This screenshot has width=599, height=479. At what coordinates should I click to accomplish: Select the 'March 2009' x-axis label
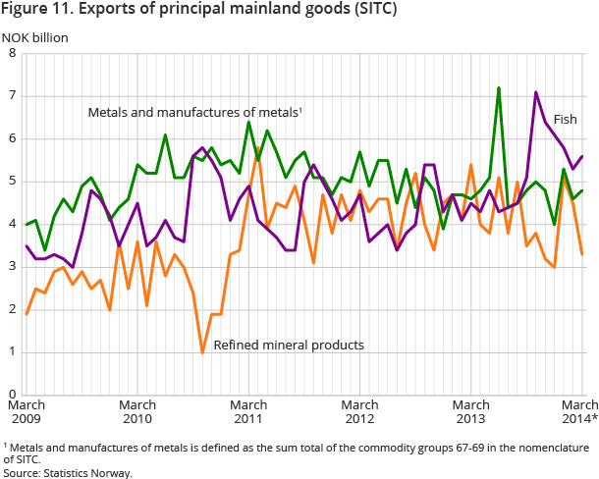27,411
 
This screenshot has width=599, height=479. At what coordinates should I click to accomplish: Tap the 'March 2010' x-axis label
137,411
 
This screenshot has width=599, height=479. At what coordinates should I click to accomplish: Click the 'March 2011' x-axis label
249,411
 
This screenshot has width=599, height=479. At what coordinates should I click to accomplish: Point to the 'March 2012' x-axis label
360,411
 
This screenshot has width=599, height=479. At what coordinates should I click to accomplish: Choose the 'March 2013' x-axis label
472,411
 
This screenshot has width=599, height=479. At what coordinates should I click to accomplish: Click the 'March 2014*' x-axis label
579,411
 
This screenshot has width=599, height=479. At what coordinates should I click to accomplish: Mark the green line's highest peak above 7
499,88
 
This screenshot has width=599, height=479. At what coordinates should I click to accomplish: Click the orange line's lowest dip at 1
202,351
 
